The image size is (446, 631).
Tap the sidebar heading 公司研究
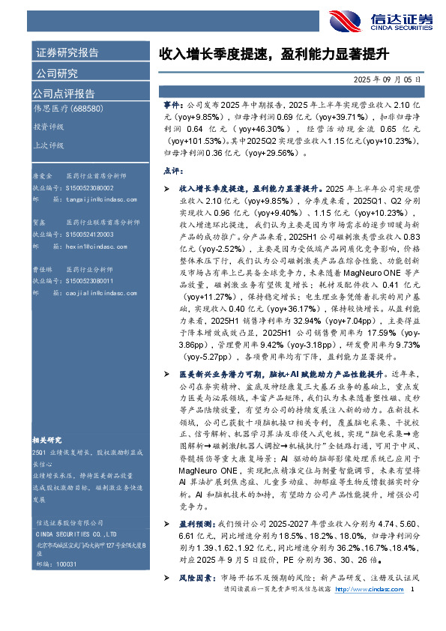pos(57,73)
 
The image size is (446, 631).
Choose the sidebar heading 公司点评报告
pos(64,94)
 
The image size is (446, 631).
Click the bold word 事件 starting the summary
pos(171,108)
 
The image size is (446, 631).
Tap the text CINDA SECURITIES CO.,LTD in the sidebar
pos(76,512)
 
